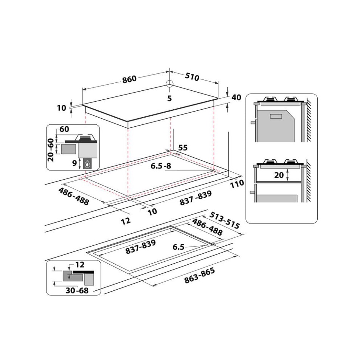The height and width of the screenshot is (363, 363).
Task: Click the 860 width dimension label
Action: click(x=129, y=79)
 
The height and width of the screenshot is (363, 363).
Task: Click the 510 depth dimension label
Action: click(x=192, y=77)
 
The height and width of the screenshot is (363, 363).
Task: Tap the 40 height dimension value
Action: click(x=236, y=98)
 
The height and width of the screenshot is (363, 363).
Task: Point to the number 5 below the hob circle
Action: click(x=169, y=99)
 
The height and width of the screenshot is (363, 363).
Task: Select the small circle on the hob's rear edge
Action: click(x=169, y=84)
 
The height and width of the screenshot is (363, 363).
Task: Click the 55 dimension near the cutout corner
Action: click(x=183, y=148)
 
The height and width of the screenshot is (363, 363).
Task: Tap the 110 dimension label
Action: click(x=237, y=183)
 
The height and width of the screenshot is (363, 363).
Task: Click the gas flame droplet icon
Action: click(x=88, y=164)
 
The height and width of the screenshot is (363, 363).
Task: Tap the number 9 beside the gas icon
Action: click(x=74, y=163)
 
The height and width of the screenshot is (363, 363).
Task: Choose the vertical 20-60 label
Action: click(x=51, y=149)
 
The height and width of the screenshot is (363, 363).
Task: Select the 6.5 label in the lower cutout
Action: click(x=178, y=247)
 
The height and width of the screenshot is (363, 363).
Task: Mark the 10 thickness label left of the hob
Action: click(x=61, y=108)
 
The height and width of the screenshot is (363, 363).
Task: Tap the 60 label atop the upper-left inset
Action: click(x=64, y=129)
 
